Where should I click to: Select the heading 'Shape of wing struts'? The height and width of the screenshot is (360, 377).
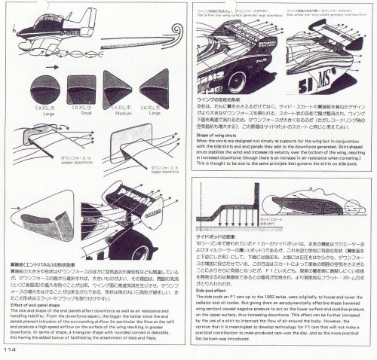pos(219,135)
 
